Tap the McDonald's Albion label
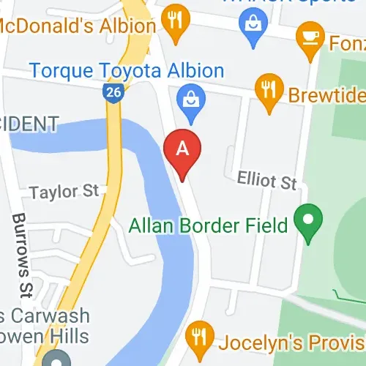point(77,26)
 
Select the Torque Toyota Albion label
point(126,71)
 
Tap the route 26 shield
point(112,92)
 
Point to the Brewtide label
point(326,96)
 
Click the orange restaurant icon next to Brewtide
point(269,90)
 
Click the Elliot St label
point(267,180)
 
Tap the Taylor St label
point(64,192)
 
